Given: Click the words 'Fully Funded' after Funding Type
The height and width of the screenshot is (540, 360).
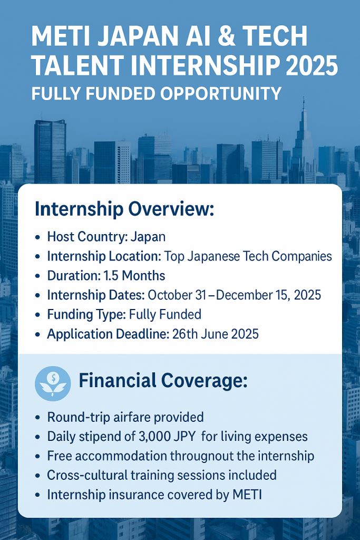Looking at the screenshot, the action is (165, 315).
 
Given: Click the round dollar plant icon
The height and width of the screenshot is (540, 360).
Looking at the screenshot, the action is (53, 383).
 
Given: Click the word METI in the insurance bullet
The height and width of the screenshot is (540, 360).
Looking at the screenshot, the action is (247, 495).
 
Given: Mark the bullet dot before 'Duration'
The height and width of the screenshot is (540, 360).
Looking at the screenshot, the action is (37, 276).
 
